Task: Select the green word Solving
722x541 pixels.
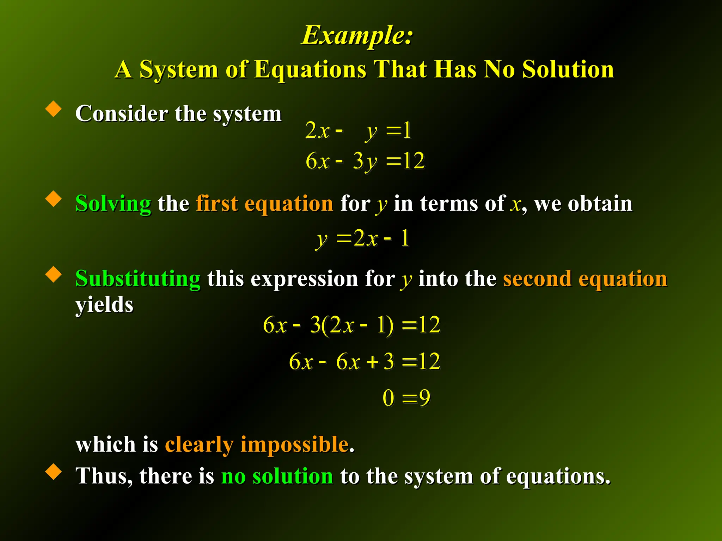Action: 113,204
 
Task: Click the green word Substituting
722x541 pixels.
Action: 138,279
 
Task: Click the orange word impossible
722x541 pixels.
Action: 294,444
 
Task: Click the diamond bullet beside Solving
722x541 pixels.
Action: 54,199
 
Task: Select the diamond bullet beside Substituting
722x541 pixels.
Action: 54,274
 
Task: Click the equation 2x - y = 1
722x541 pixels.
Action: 358,131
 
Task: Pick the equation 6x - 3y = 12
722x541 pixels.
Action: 365,161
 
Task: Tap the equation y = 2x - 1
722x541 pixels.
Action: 362,238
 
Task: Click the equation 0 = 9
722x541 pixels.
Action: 406,398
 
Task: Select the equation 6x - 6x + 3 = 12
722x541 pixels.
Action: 365,361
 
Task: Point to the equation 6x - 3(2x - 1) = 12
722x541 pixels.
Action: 351,325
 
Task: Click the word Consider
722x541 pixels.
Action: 122,113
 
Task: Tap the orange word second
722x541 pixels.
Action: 537,279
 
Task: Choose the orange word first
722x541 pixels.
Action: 217,204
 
